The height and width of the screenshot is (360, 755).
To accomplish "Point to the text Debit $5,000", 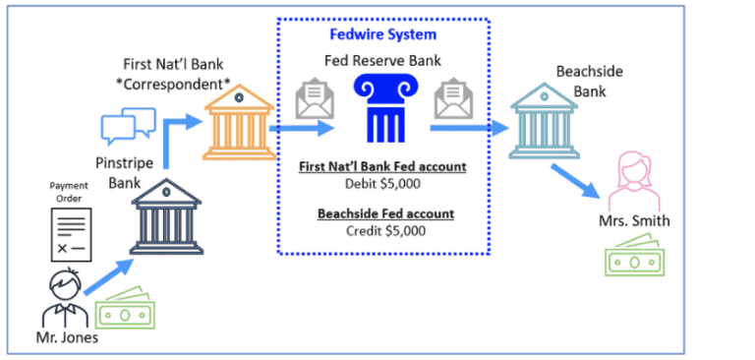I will point(383,184).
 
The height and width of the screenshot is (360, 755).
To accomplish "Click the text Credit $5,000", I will point(383,231).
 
